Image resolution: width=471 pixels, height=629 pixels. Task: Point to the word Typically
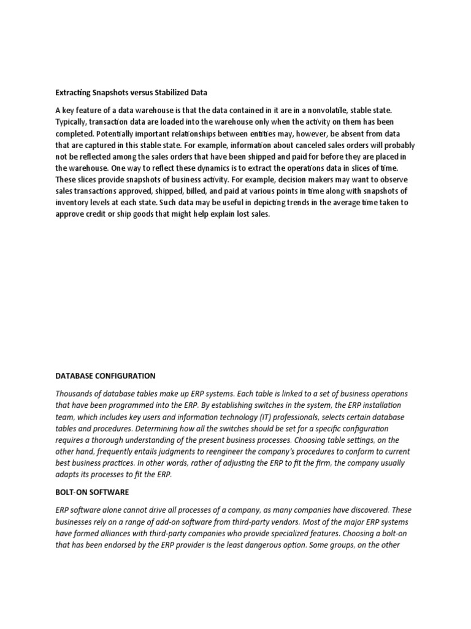click(x=71, y=122)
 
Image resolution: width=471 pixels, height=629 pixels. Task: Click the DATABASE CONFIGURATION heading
click(x=105, y=376)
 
